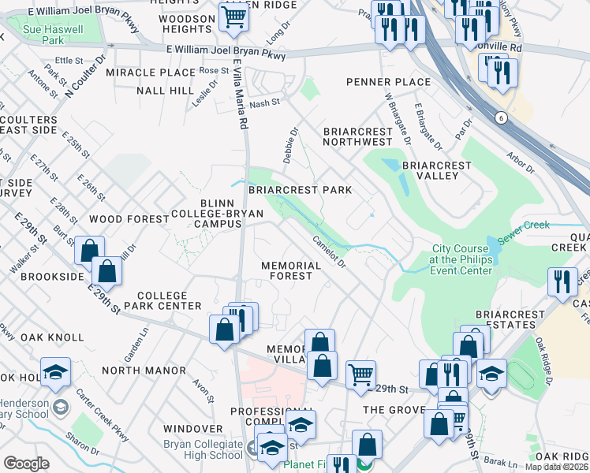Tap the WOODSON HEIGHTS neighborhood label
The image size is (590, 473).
coord(187,23)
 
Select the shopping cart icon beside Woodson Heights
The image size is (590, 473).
coord(233,16)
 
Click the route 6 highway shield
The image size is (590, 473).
coord(501,117)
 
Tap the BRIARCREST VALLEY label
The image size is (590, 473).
coord(436,170)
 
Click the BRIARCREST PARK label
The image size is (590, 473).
coord(300,190)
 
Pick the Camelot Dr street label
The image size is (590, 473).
coord(329,251)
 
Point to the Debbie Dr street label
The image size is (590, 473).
coord(289,142)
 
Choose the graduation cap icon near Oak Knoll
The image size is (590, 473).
coord(55,373)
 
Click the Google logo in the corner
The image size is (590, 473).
coord(27,463)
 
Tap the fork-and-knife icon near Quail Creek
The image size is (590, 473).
coord(561,281)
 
